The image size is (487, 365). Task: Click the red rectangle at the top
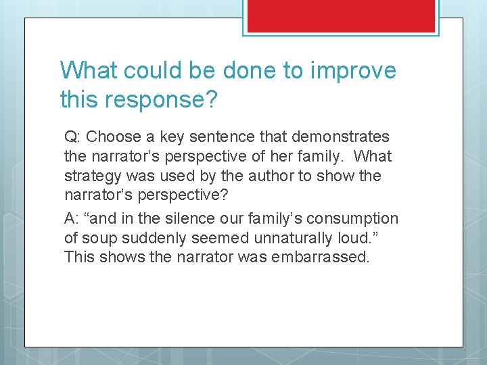(x=340, y=16)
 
